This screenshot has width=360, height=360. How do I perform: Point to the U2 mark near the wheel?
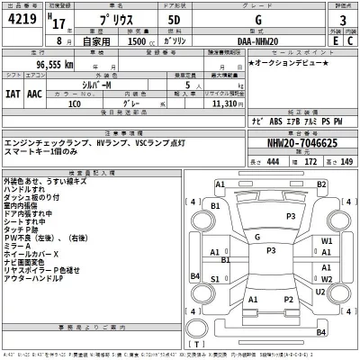321,291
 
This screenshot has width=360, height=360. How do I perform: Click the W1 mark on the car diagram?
328,242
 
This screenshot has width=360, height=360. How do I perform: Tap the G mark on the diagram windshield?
258,238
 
